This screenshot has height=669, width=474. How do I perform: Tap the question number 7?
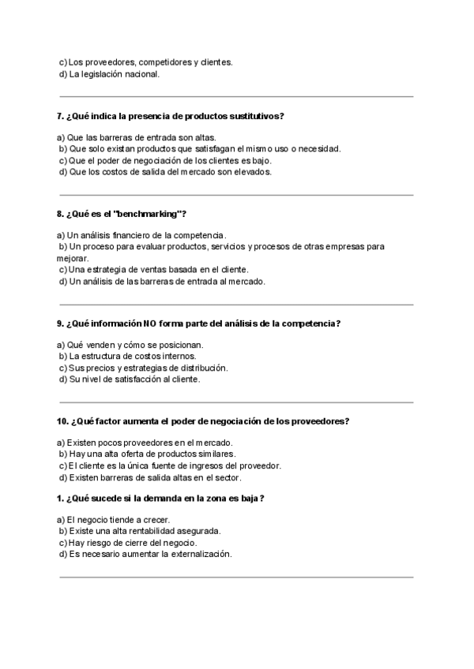60,116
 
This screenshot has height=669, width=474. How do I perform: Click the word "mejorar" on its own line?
73,257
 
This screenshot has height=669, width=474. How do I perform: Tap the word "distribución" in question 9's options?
202,368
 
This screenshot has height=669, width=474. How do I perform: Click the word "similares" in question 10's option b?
216,454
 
